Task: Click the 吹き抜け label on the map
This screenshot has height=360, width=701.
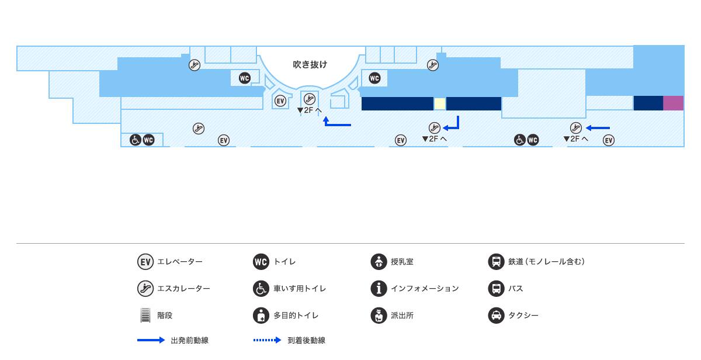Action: (x=310, y=64)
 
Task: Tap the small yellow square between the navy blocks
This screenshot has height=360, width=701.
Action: (x=439, y=104)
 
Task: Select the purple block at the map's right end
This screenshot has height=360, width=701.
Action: (x=673, y=103)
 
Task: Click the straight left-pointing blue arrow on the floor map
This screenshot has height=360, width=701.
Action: (x=598, y=128)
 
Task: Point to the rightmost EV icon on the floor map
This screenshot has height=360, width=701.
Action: (x=609, y=140)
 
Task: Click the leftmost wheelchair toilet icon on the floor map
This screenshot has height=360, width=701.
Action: (x=135, y=140)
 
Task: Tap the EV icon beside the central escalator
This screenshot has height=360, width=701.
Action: (x=280, y=101)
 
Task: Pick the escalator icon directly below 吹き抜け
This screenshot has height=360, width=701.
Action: (x=310, y=98)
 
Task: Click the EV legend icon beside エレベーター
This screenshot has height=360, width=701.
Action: (x=145, y=261)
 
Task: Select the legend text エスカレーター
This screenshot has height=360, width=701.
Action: (x=183, y=289)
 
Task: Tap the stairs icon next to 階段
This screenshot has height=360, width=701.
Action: (x=145, y=316)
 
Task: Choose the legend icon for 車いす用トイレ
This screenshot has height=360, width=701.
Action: (x=261, y=288)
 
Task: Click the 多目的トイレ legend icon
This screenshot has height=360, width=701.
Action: (x=261, y=316)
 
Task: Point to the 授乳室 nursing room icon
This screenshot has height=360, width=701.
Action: (x=379, y=261)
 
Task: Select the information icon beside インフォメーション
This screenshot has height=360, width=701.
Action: (x=379, y=288)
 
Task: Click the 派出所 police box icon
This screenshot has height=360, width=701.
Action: (x=379, y=316)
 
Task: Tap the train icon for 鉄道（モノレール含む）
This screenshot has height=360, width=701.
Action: (x=496, y=261)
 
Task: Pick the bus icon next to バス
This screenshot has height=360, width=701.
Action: (x=496, y=288)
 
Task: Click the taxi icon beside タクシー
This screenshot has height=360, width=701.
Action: (x=496, y=316)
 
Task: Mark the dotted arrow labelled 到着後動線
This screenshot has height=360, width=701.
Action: (x=267, y=340)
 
